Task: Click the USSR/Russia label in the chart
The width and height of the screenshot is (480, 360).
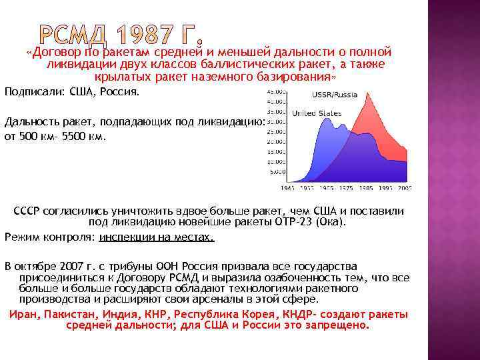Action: coord(335,95)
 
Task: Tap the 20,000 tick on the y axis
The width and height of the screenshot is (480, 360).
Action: coord(275,142)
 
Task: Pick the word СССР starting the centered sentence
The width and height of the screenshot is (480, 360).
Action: coord(27,211)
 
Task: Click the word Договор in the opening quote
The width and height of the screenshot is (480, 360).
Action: coord(55,51)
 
